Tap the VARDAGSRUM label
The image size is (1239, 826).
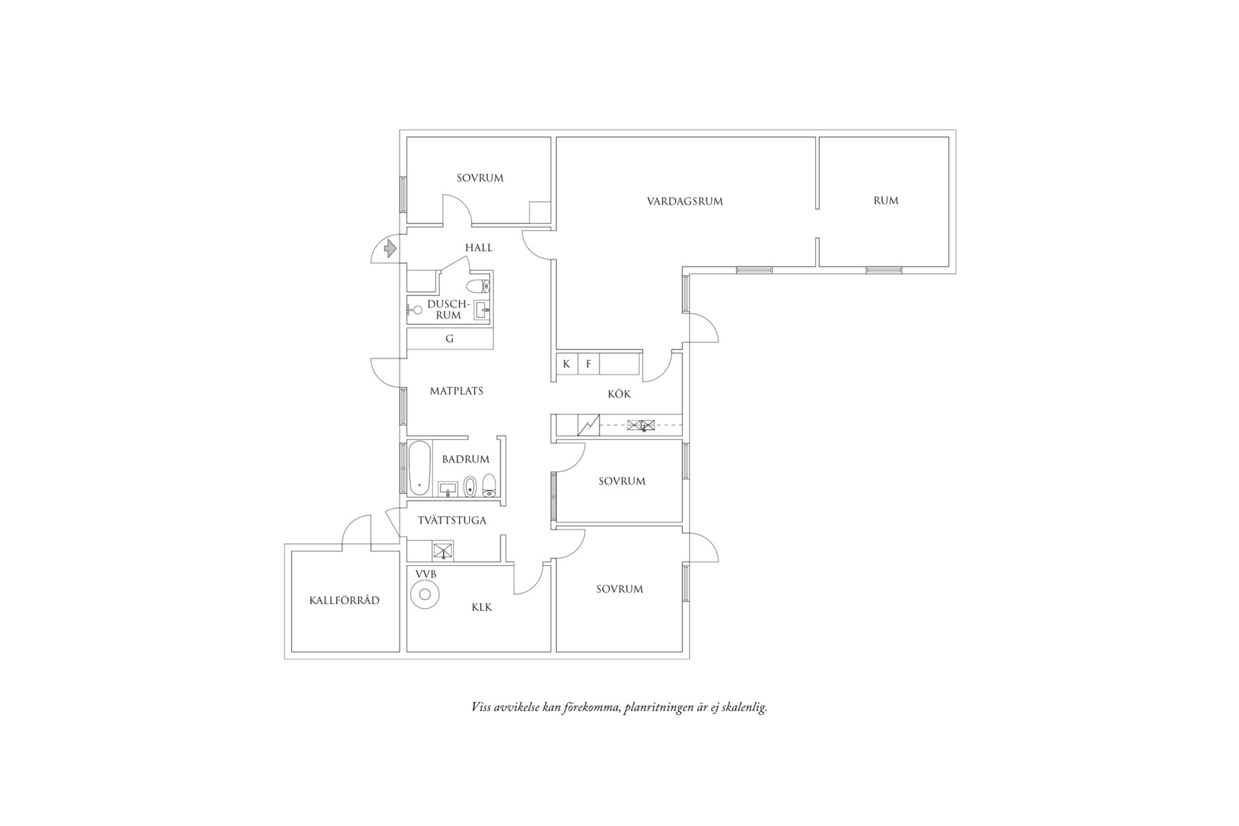(x=684, y=202)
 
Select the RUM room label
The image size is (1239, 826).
(x=885, y=200)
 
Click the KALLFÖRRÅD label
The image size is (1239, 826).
(x=345, y=601)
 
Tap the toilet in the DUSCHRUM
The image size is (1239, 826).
(x=478, y=285)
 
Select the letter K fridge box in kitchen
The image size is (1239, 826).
(x=567, y=364)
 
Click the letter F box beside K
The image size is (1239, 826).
(x=588, y=364)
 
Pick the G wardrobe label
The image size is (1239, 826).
(x=449, y=339)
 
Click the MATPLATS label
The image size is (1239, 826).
(x=456, y=391)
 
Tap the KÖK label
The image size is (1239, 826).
(x=619, y=395)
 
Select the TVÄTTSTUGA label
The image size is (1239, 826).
(x=452, y=521)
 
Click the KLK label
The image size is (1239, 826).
(x=481, y=607)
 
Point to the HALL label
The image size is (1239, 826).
(x=478, y=248)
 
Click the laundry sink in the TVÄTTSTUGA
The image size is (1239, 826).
(x=443, y=551)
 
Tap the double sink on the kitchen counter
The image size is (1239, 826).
(x=641, y=424)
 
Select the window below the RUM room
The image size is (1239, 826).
(x=883, y=270)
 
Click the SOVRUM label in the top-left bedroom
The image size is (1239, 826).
(x=480, y=178)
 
